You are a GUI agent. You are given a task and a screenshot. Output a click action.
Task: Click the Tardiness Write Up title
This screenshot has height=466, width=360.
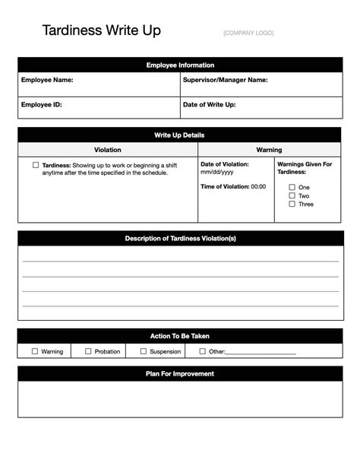pos(101,31)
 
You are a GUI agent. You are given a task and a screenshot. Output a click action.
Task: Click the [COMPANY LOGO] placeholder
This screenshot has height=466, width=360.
pos(248,33)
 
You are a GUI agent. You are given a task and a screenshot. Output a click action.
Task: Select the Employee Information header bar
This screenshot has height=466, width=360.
pos(180,65)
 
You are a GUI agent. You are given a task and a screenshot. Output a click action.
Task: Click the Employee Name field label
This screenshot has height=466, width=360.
pos(47,80)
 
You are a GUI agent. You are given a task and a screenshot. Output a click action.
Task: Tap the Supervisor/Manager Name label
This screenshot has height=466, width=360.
pos(225,80)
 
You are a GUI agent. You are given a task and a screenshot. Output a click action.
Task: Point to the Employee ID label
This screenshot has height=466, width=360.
pos(42,105)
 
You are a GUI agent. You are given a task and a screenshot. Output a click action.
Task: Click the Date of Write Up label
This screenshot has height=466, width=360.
pos(209,105)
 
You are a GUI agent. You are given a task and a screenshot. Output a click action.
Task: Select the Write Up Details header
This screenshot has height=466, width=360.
pos(180,135)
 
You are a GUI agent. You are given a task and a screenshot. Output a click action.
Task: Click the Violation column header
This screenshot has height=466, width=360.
pos(107,150)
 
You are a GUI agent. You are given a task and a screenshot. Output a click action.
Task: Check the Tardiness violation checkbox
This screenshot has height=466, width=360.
pos(36,164)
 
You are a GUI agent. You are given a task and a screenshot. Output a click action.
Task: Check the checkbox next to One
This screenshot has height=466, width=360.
pos(292,187)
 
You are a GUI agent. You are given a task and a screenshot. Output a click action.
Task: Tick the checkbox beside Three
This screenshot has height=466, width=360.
pos(292,204)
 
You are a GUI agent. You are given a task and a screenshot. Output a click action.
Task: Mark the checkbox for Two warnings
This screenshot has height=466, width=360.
pos(292,195)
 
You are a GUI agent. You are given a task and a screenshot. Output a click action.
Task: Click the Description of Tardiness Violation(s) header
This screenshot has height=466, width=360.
pos(180,239)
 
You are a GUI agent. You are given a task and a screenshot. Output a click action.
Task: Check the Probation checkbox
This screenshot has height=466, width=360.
pos(88,351)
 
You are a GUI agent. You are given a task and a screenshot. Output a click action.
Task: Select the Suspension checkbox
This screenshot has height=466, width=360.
pos(143,351)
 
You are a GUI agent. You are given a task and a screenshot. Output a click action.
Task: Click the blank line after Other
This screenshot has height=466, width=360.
pos(261,353)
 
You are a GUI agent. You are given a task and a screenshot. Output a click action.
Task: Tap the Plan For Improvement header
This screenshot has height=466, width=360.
pos(180,373)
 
